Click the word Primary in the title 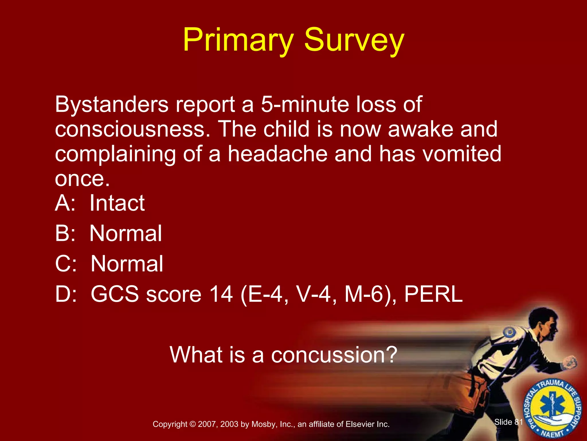point(238,40)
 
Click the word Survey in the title point(354,40)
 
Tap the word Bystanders point(111,105)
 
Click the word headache point(277,154)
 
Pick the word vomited point(462,154)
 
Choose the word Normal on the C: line point(127,264)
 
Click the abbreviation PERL point(433,294)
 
